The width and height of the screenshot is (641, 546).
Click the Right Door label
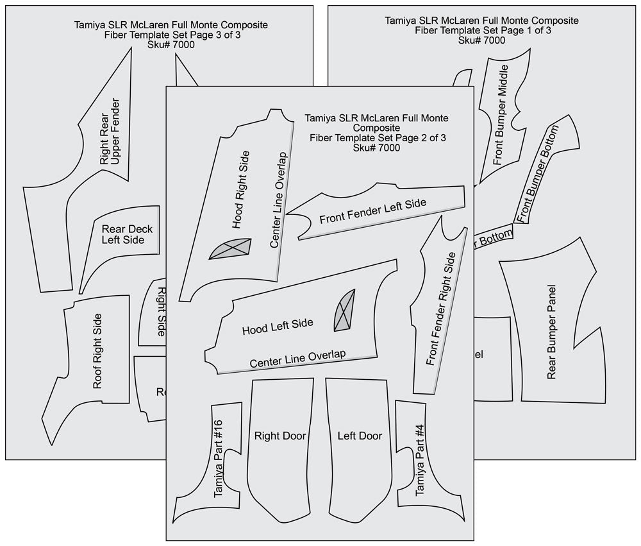point(280,436)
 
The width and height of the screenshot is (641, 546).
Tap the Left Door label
point(360,436)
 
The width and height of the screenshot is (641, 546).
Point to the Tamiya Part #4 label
point(420,459)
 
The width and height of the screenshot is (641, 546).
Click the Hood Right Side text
point(241,189)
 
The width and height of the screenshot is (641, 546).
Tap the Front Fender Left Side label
point(372,211)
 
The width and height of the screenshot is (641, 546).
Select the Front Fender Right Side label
point(441,308)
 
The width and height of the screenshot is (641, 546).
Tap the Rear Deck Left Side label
point(123,234)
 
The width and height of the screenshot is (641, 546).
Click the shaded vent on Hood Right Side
point(230,249)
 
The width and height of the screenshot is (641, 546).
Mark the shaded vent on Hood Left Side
point(344,311)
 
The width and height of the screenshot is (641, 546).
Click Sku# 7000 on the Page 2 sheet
point(376,148)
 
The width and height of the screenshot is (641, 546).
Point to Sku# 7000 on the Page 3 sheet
point(171,45)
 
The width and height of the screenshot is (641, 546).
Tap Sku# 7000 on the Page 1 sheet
point(481,40)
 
